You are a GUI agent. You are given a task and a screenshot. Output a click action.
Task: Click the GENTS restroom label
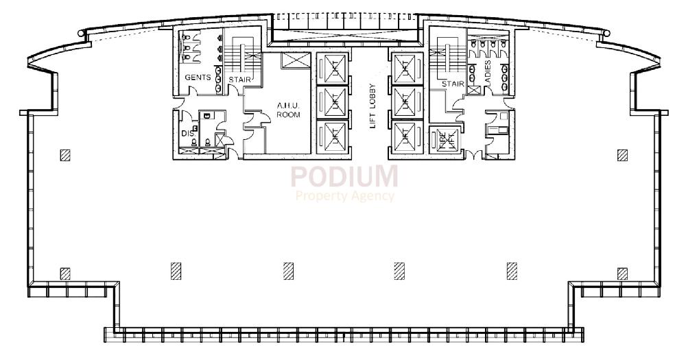[197, 78]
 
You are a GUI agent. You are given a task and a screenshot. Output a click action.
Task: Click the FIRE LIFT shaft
[442, 140]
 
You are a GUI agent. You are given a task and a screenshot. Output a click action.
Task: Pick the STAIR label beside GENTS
[240, 80]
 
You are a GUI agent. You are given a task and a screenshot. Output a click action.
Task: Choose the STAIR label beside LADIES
[453, 84]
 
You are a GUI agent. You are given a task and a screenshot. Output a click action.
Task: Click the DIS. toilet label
[187, 133]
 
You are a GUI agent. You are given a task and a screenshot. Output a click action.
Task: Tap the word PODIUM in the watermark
[344, 176]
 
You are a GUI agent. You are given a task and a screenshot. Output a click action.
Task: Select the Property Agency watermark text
[345, 196]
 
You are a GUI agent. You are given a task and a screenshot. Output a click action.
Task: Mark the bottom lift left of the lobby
[333, 135]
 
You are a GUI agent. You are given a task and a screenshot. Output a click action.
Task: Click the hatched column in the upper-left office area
[64, 155]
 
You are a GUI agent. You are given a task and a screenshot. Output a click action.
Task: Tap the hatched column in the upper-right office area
[622, 155]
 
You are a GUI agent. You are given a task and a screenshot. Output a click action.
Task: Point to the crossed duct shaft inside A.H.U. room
[295, 60]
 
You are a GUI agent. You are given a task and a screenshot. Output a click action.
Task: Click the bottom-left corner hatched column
[64, 274]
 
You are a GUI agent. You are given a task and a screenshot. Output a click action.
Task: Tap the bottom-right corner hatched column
[622, 274]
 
